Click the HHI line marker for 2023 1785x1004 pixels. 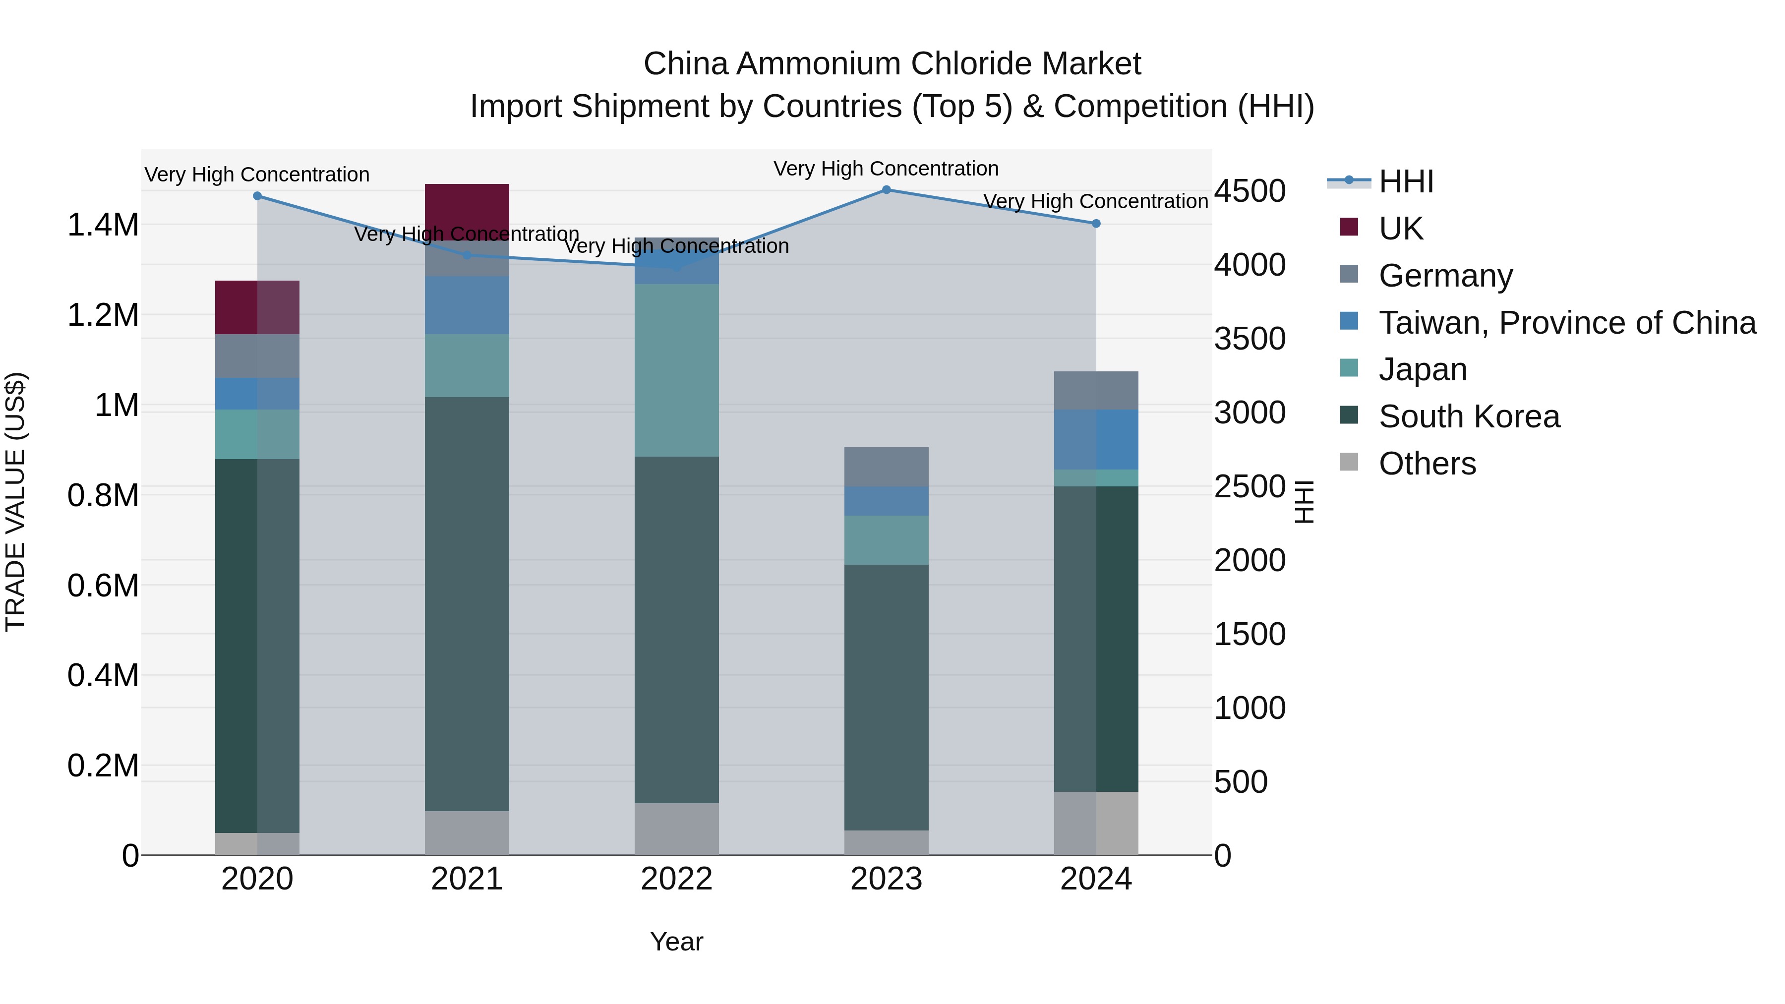point(886,190)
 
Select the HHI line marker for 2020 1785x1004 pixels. point(257,196)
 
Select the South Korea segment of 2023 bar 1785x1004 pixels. point(886,697)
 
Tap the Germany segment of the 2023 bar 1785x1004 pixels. point(886,467)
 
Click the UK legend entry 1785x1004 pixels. point(1400,229)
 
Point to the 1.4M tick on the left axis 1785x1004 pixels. point(103,225)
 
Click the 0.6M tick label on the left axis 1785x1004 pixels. point(103,586)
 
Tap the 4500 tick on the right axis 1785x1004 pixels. point(1250,191)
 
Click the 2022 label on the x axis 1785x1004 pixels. point(676,879)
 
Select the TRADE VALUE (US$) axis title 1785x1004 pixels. point(15,502)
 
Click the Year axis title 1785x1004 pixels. point(676,942)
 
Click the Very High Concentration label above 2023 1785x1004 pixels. point(886,169)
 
